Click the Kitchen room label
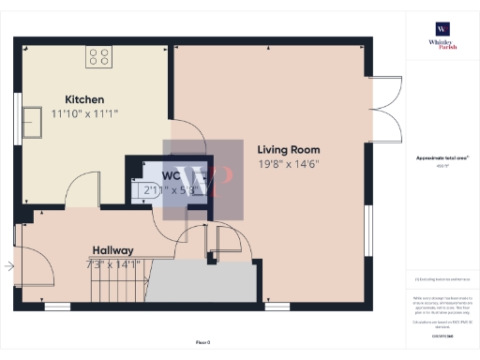point(84,99)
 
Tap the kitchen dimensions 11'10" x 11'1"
point(84,112)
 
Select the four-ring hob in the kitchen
point(99,57)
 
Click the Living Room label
point(289,149)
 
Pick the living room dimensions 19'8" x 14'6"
point(289,163)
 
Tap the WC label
point(172,175)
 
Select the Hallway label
point(112,250)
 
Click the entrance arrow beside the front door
point(9,266)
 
